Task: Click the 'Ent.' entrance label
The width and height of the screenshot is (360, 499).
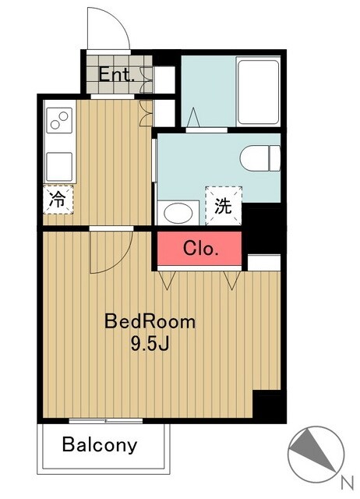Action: click(x=115, y=75)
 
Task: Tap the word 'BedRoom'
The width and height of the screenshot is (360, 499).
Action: click(x=150, y=321)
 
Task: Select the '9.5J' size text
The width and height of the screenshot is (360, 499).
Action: click(x=150, y=343)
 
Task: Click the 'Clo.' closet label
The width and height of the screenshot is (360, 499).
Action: click(x=201, y=248)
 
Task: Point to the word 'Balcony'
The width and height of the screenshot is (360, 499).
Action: click(x=100, y=445)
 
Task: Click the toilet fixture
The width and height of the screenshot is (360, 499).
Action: click(x=259, y=158)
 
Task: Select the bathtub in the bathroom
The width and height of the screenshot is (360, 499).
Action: click(x=258, y=92)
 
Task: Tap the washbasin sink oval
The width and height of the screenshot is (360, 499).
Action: click(x=178, y=213)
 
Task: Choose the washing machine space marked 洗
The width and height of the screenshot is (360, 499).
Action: click(x=224, y=206)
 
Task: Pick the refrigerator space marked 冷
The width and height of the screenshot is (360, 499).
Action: click(x=58, y=200)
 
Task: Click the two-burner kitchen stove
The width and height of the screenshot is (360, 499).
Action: click(x=59, y=120)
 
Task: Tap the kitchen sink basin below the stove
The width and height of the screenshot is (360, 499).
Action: click(x=59, y=167)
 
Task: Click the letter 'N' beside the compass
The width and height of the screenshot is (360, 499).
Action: click(x=348, y=483)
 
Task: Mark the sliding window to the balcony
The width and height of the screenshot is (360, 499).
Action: click(x=105, y=421)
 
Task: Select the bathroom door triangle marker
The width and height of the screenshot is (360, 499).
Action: click(x=193, y=118)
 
